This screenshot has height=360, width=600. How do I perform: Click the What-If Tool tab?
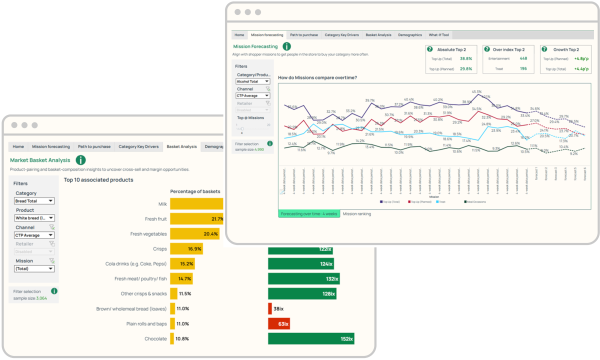click(438, 35)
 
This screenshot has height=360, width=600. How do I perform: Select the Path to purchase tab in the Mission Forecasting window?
click(304, 35)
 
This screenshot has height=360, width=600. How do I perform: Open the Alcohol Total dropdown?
click(253, 81)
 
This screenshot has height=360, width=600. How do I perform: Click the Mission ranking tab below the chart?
click(357, 213)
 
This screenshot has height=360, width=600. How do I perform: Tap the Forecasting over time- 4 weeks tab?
click(309, 213)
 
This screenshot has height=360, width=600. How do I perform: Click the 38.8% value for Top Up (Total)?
click(465, 58)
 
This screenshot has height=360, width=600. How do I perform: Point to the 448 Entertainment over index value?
click(523, 58)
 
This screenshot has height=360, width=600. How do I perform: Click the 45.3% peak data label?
click(476, 92)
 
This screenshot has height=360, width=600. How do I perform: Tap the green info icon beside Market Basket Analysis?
click(80, 160)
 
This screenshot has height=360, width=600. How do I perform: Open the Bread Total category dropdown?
click(34, 201)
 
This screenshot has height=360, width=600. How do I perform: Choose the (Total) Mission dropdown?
click(34, 268)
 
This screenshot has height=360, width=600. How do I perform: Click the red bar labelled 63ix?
click(278, 323)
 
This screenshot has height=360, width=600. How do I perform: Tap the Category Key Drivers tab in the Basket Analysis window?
click(138, 146)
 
